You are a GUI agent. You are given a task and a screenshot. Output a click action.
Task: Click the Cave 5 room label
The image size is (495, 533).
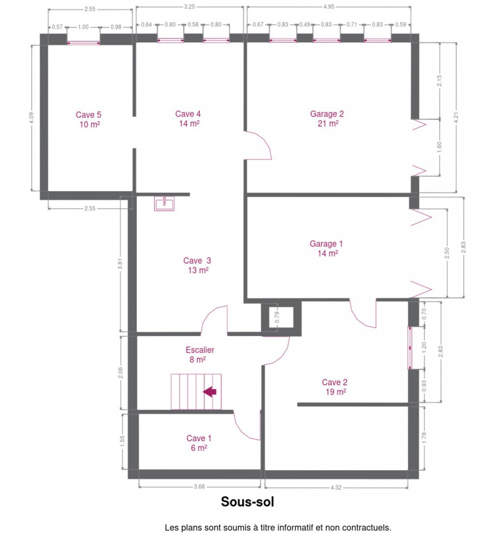(89, 119)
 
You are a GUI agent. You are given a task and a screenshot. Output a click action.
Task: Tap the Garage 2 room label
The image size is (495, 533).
(327, 118)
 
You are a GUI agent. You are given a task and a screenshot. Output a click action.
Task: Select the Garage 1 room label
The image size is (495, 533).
(326, 248)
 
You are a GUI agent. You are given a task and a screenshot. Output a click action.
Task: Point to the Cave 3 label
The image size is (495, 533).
(197, 265)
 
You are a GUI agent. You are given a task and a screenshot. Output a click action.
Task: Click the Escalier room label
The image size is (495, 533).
(200, 354)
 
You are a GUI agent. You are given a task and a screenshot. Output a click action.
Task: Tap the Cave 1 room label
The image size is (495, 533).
(199, 443)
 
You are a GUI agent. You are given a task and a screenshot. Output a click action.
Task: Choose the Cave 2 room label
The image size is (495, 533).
(334, 387)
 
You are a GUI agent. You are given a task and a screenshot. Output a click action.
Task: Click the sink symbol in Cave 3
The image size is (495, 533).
(164, 203)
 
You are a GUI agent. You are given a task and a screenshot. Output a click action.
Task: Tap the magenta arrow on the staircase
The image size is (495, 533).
(209, 392)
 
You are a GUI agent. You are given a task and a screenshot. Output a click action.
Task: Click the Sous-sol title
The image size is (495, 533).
(247, 501)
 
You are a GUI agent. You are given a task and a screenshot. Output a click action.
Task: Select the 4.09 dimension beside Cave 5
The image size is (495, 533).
(32, 118)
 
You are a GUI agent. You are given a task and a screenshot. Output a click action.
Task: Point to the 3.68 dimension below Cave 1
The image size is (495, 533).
(199, 486)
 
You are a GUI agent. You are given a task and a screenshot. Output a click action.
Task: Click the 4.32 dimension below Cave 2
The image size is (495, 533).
(336, 487)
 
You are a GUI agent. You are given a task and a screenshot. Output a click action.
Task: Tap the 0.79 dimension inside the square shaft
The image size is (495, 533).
(277, 317)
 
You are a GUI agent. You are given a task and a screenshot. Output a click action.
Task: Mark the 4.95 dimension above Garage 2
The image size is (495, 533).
(329, 7)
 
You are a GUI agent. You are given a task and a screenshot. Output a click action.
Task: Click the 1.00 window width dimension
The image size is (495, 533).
(83, 27)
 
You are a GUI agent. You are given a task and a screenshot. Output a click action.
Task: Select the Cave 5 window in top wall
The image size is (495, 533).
(84, 43)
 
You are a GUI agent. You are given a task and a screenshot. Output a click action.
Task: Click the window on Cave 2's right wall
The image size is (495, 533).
(410, 348)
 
